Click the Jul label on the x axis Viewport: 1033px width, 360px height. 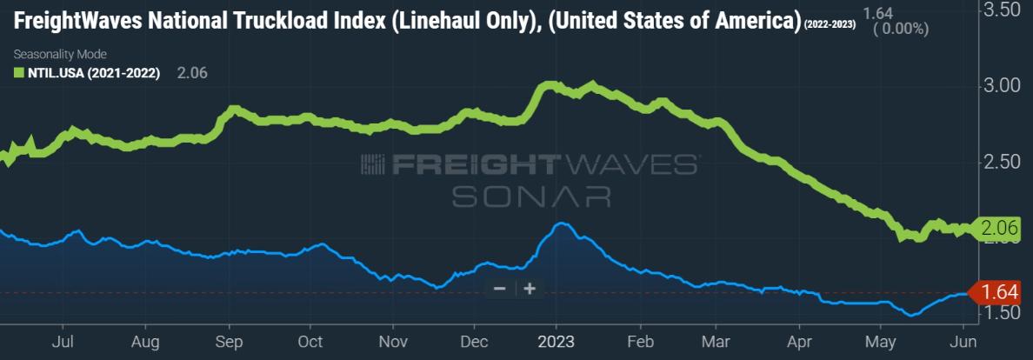[x=62, y=343]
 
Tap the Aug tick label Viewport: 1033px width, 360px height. [x=144, y=343]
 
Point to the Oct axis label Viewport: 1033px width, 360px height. [x=310, y=343]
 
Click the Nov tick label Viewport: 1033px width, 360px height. [x=394, y=343]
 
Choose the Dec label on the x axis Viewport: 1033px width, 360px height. [x=475, y=343]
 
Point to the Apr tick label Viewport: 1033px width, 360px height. [x=799, y=343]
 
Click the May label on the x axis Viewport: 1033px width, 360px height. [x=882, y=343]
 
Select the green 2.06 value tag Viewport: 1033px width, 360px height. [x=998, y=229]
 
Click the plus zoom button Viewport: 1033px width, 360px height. [x=530, y=289]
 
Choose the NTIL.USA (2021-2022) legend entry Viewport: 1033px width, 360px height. [x=84, y=74]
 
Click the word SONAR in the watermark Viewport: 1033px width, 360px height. [x=530, y=197]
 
